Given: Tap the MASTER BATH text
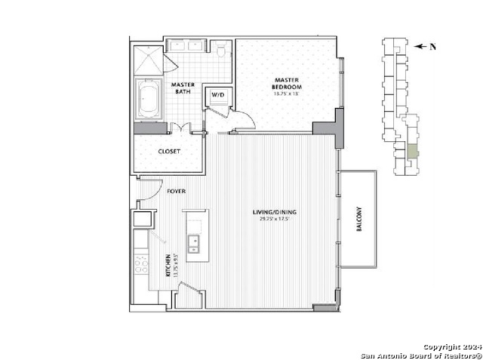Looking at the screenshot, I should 183,88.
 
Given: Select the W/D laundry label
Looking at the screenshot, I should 218,95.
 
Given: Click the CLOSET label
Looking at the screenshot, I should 168,151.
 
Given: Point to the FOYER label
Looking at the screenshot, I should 177,192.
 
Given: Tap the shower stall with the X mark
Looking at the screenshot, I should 148,59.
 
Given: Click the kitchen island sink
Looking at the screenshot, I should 193,243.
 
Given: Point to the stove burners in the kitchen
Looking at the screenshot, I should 141,264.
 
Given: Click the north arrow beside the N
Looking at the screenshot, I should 421,46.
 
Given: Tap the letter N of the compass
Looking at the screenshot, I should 433,47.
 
